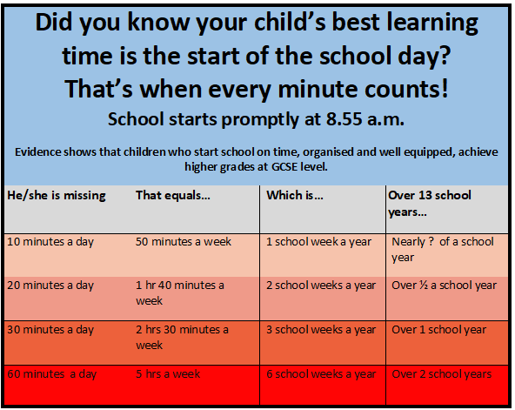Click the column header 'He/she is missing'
click(x=57, y=196)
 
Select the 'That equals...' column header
click(x=173, y=196)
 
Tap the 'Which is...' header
click(x=295, y=196)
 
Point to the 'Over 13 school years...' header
click(x=430, y=204)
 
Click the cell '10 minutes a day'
click(x=50, y=242)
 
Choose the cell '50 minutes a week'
click(x=184, y=242)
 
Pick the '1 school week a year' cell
click(x=318, y=242)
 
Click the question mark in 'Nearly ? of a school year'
click(x=431, y=242)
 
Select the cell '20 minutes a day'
click(x=50, y=286)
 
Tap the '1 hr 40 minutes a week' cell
click(x=180, y=293)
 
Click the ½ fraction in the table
click(x=424, y=286)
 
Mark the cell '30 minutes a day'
click(x=50, y=330)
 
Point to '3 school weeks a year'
click(x=321, y=330)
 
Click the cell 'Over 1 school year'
click(x=438, y=330)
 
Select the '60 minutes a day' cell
click(x=52, y=374)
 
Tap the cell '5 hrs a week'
click(x=168, y=373)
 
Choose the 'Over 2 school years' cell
click(x=441, y=374)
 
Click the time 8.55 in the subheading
click(x=344, y=119)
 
